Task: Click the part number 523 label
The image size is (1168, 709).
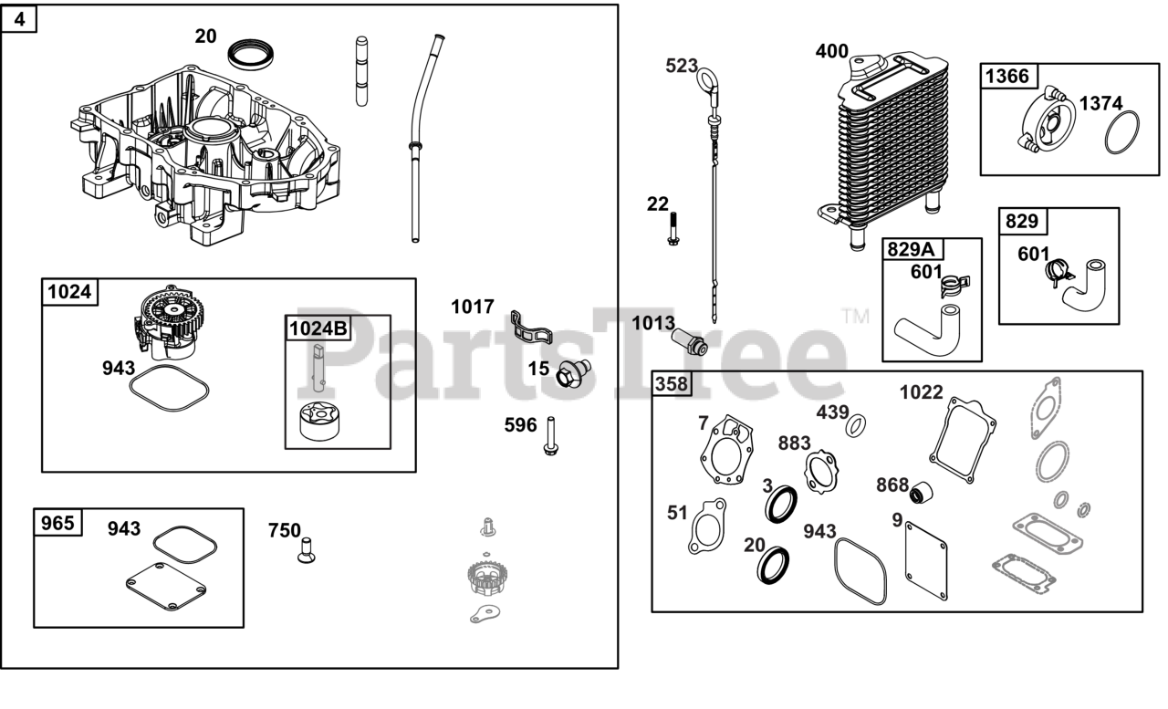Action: tap(682, 66)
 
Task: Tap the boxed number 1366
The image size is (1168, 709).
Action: tap(1006, 77)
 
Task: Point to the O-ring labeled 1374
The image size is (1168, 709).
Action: tap(1122, 133)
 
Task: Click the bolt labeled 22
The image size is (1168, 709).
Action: tap(673, 229)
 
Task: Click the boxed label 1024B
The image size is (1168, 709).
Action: tap(318, 328)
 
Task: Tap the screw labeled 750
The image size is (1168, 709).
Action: tap(307, 549)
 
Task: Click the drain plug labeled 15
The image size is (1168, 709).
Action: tap(575, 372)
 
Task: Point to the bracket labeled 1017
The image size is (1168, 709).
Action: tap(531, 326)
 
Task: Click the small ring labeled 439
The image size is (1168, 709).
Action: tap(857, 425)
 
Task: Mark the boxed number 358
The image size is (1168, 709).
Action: tap(672, 383)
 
